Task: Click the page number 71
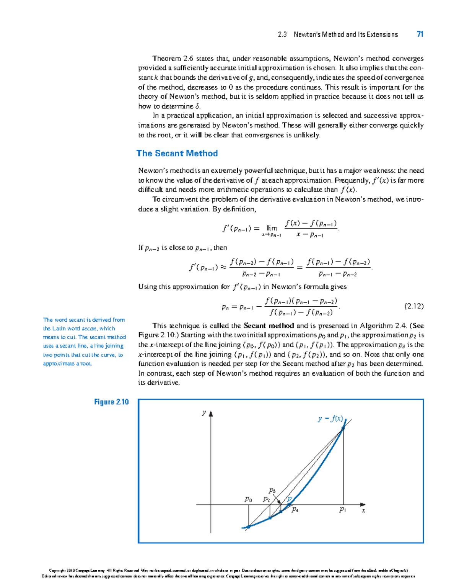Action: (420, 34)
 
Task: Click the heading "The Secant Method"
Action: (177, 154)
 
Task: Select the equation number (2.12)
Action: (414, 306)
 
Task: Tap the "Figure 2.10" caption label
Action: (111, 402)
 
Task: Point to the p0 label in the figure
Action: (248, 499)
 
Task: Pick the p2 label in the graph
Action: (267, 499)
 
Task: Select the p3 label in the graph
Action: (272, 490)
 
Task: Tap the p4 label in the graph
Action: (295, 510)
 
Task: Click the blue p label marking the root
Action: (290, 499)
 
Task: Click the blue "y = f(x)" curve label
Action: (330, 419)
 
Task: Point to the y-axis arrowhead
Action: (211, 414)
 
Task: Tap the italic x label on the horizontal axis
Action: (364, 511)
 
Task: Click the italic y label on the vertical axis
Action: (204, 412)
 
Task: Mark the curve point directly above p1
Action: (343, 428)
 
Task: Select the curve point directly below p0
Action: (249, 527)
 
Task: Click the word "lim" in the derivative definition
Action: (272, 228)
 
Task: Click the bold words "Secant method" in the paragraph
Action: (269, 326)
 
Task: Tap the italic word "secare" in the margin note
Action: (89, 329)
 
